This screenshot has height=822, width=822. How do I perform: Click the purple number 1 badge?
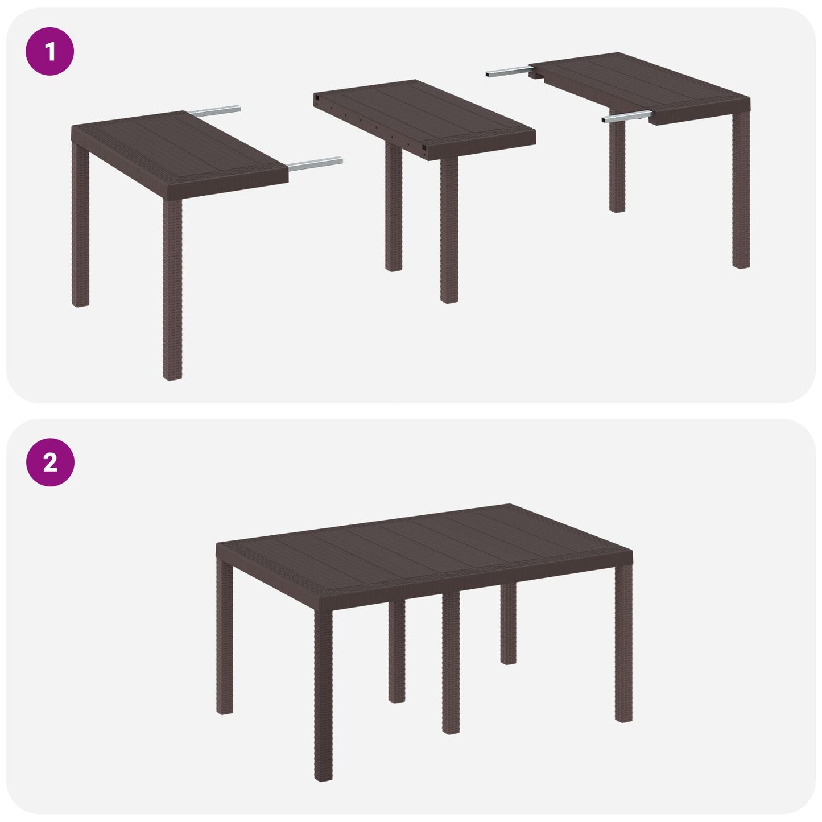[50, 52]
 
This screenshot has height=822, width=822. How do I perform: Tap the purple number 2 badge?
[50, 462]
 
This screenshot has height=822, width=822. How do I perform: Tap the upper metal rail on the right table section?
[507, 72]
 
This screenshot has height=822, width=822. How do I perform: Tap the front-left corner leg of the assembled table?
[323, 694]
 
